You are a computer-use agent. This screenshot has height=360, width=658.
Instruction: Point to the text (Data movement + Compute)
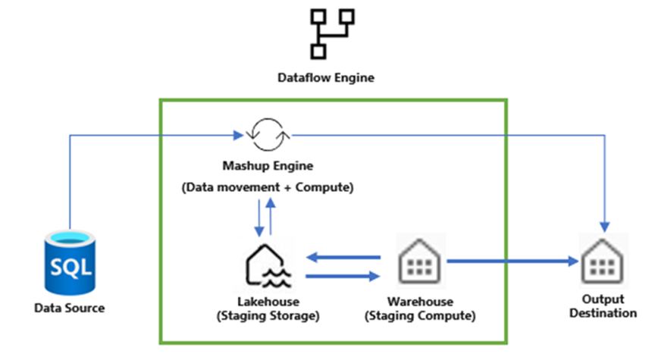coord(267,186)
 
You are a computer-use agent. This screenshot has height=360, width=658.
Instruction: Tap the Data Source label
coord(69,308)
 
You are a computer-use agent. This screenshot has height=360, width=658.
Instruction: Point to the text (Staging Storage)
coord(268,315)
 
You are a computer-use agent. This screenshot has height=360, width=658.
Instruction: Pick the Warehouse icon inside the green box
coord(419,261)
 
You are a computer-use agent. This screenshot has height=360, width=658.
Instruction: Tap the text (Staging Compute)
coord(420,315)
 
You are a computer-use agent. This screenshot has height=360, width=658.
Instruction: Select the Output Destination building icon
coord(603,261)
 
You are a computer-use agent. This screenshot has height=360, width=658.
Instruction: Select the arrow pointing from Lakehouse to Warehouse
coord(340,277)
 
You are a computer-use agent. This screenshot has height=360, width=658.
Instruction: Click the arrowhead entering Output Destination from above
coord(604,226)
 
